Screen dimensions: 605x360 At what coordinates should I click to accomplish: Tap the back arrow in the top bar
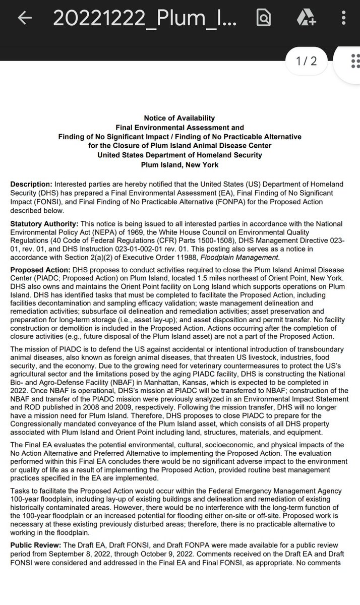[25, 18]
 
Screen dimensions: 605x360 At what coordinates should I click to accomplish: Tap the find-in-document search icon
[263, 18]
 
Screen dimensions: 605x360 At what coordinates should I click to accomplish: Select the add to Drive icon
[306, 18]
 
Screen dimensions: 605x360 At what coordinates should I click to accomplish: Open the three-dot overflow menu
[343, 18]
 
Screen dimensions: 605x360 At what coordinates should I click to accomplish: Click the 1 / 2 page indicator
[307, 62]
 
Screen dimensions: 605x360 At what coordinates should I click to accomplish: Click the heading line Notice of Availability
[180, 118]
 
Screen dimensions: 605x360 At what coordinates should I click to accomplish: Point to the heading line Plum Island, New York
[180, 164]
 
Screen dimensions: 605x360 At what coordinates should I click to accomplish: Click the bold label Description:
[31, 184]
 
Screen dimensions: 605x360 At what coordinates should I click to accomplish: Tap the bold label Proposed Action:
[40, 271]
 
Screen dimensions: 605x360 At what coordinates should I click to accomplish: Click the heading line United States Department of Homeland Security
[180, 155]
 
